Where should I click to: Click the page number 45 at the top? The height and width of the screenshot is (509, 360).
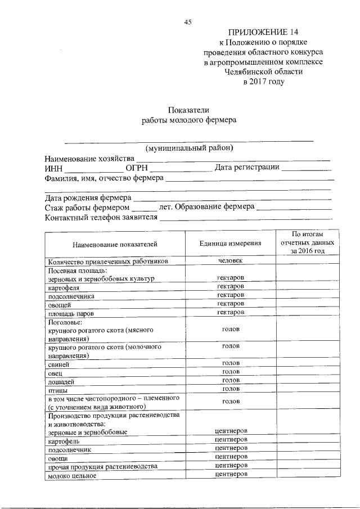[x=188, y=22]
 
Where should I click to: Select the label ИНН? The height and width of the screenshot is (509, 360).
[x=54, y=168]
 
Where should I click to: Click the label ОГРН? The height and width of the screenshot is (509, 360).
[x=137, y=168]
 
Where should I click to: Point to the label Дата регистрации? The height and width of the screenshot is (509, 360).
[x=247, y=168]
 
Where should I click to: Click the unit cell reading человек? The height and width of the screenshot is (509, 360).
[x=230, y=261]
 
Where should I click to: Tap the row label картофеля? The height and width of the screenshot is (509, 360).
[x=64, y=287]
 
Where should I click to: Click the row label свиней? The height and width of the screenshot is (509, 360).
[x=59, y=364]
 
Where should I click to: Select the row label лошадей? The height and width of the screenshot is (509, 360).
[x=61, y=381]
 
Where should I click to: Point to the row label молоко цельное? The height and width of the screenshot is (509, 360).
[x=72, y=475]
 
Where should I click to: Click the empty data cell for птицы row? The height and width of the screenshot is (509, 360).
[x=307, y=389]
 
